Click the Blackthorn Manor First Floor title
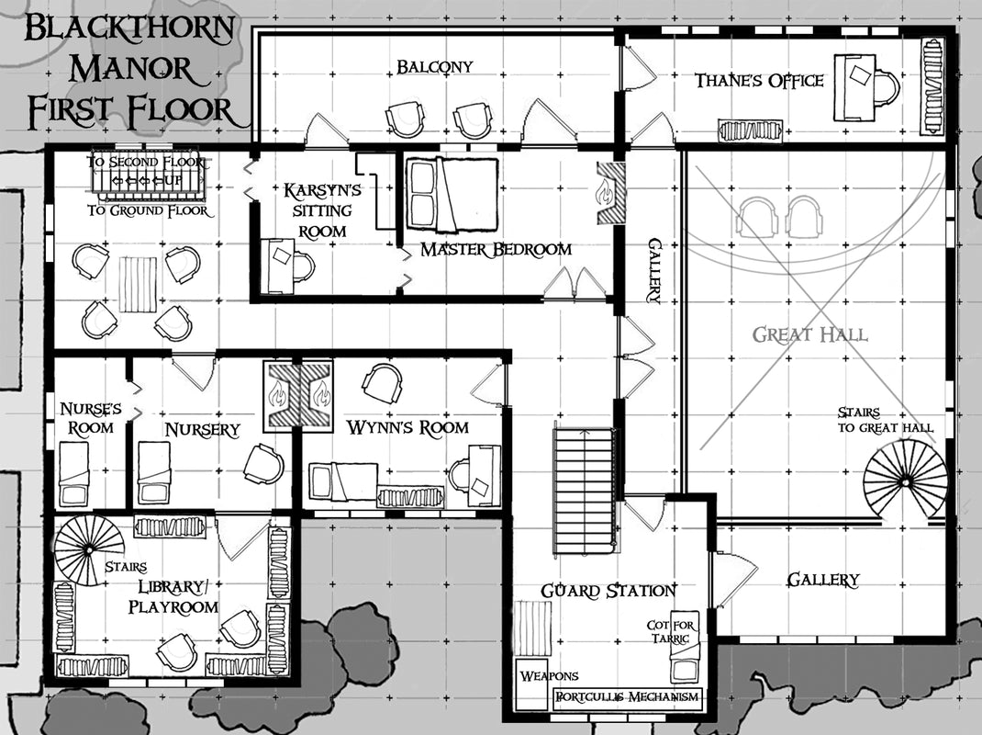pos(128,69)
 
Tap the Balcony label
pos(435,67)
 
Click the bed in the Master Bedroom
pos(452,194)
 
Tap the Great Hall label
pos(809,334)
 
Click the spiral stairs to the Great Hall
pos(905,479)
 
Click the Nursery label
pos(202,429)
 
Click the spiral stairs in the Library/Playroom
pos(89,549)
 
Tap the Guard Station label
pos(608,591)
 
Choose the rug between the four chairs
pos(139,284)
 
